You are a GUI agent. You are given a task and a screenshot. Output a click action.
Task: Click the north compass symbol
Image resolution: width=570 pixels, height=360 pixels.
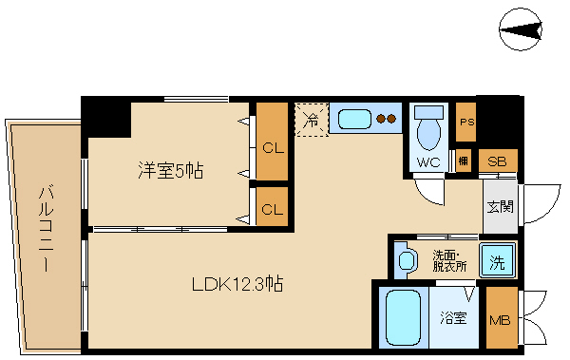pyautogui.click(x=521, y=35)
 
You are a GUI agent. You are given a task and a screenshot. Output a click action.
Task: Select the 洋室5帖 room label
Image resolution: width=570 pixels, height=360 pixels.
pyautogui.click(x=172, y=171)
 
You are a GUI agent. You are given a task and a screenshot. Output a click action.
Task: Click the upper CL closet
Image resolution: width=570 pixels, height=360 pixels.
pyautogui.click(x=273, y=147)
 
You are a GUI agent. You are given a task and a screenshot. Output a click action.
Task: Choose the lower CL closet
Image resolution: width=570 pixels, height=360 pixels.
pyautogui.click(x=273, y=208)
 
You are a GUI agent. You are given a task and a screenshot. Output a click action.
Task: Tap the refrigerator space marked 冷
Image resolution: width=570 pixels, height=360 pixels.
pyautogui.click(x=311, y=120)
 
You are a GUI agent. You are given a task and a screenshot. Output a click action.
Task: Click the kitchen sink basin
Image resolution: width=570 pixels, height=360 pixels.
pyautogui.click(x=354, y=120)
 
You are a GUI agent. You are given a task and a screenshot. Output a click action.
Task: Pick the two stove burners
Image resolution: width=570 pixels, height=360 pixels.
pyautogui.click(x=386, y=120)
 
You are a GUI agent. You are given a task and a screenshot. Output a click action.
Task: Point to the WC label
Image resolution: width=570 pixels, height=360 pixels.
pyautogui.click(x=429, y=162)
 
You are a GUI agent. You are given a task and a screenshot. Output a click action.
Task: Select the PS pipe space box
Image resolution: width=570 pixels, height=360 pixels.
pyautogui.click(x=465, y=123)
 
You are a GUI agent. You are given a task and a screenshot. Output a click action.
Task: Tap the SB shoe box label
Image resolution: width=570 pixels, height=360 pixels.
pyautogui.click(x=497, y=161)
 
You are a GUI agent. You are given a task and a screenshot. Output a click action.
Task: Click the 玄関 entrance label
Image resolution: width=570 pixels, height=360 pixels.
pyautogui.click(x=500, y=206)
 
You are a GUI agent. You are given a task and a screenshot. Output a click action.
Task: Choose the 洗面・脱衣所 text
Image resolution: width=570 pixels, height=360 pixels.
pyautogui.click(x=447, y=259)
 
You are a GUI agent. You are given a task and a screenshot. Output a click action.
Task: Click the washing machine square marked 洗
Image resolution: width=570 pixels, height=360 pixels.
pyautogui.click(x=496, y=258)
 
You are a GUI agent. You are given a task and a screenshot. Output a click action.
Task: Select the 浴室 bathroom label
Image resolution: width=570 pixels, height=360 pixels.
pyautogui.click(x=452, y=318)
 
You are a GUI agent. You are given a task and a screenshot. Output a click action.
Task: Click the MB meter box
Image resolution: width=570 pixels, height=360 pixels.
pyautogui.click(x=500, y=318)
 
